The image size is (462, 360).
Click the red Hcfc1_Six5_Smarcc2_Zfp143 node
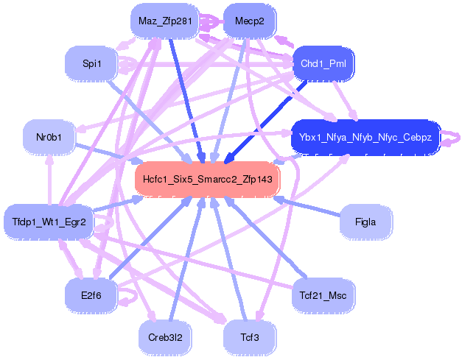click(x=208, y=179)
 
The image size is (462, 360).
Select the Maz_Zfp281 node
click(x=165, y=21)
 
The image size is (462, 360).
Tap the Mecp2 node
click(x=249, y=21)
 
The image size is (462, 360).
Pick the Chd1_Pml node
click(x=323, y=64)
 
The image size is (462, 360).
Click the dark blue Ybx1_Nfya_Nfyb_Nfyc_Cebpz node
click(x=365, y=137)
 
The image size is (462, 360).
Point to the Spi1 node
click(x=92, y=64)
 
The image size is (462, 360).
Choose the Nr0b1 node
click(x=49, y=137)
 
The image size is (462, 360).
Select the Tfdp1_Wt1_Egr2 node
click(x=49, y=222)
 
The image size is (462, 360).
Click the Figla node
click(x=365, y=222)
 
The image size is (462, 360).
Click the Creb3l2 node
click(x=165, y=337)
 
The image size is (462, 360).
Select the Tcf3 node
click(x=249, y=337)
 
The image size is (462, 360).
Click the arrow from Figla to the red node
click(x=309, y=207)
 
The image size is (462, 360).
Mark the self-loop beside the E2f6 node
click(x=131, y=297)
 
